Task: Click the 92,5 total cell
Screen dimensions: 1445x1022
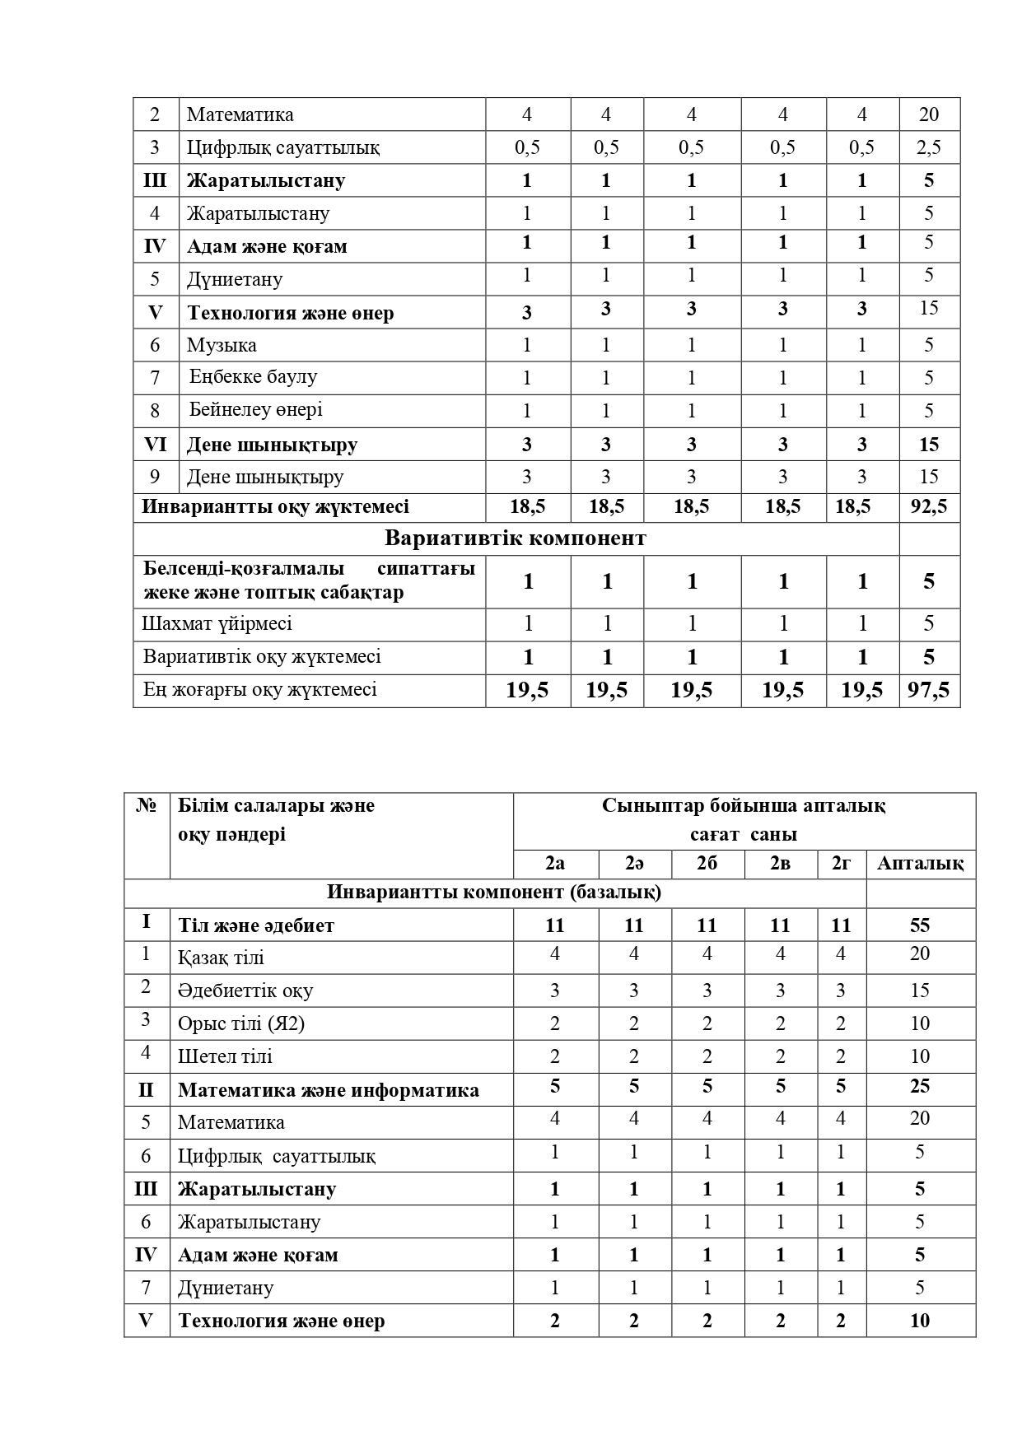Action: coord(929,506)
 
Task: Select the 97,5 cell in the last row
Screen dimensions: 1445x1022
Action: coord(929,690)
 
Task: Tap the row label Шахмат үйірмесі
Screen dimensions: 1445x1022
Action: coord(217,623)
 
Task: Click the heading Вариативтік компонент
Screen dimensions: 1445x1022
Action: coord(516,538)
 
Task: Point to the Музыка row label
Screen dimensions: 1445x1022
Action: coord(222,345)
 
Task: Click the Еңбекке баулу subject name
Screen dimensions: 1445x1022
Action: coord(254,376)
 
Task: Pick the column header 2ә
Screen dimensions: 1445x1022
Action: coord(634,863)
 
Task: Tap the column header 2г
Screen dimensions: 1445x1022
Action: coord(841,863)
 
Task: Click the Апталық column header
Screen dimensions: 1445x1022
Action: coord(920,863)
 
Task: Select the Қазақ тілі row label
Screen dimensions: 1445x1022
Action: coord(221,958)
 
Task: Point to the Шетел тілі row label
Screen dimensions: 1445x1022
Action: coord(225,1056)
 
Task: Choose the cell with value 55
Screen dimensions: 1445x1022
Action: coord(920,925)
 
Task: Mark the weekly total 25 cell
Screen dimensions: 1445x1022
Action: coord(920,1086)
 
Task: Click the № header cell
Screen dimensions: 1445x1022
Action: coord(147,805)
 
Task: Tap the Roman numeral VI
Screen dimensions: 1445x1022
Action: coord(156,445)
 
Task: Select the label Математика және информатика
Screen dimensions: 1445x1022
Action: coord(329,1090)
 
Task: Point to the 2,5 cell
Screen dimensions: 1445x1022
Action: coord(929,147)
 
